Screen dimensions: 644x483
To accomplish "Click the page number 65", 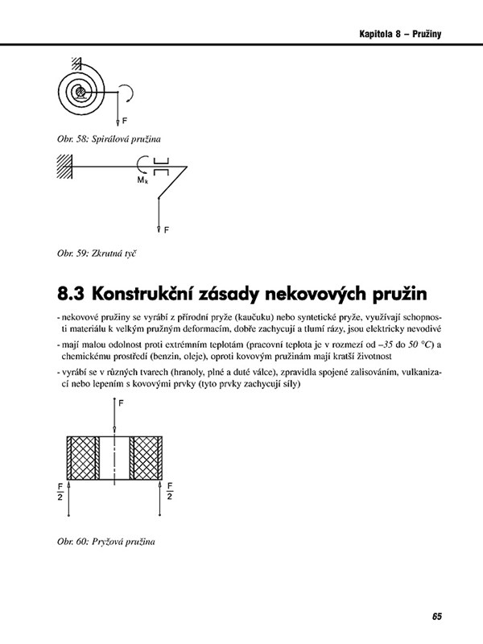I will [x=436, y=617].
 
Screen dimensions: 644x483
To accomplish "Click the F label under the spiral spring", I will [x=126, y=120].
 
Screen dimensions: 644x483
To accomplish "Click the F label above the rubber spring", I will [x=122, y=404].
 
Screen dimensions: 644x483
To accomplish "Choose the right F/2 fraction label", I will [x=170, y=491].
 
